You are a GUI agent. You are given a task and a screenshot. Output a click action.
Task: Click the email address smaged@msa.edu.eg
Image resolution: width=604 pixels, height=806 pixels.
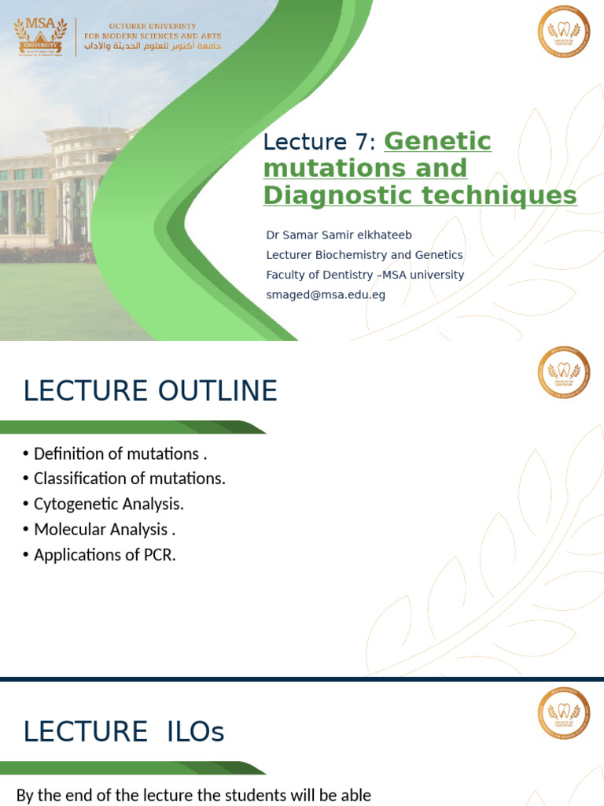pyautogui.click(x=326, y=294)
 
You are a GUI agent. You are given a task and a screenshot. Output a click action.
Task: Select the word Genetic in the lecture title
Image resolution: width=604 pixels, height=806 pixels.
pyautogui.click(x=437, y=142)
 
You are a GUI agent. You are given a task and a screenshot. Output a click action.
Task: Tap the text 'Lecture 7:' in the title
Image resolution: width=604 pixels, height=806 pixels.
pyautogui.click(x=320, y=142)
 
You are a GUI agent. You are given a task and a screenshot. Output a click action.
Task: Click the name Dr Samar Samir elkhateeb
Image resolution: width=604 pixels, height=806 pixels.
pyautogui.click(x=339, y=235)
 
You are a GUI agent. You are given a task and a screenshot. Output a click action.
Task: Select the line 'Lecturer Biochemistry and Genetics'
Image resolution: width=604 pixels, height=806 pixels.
pyautogui.click(x=364, y=255)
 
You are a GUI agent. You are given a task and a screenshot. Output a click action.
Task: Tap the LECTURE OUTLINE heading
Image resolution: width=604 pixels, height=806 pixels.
pyautogui.click(x=150, y=390)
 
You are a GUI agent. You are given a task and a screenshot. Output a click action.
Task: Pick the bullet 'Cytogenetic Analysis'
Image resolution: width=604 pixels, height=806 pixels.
pyautogui.click(x=109, y=504)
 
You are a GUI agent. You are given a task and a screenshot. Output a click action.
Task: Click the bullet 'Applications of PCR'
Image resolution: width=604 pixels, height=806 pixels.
pyautogui.click(x=105, y=554)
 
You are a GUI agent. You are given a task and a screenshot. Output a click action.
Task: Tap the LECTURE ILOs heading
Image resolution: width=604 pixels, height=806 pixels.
pyautogui.click(x=123, y=731)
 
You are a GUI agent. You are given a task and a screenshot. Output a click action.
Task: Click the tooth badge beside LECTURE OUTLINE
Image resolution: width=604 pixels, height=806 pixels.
pyautogui.click(x=563, y=372)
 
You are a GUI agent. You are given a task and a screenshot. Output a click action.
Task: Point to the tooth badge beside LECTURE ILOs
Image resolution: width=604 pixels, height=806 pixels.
pyautogui.click(x=563, y=713)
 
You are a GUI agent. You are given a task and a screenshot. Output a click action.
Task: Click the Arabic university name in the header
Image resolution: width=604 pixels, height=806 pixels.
pyautogui.click(x=153, y=46)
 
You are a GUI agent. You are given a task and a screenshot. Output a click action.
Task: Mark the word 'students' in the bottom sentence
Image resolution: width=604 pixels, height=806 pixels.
pyautogui.click(x=229, y=796)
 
